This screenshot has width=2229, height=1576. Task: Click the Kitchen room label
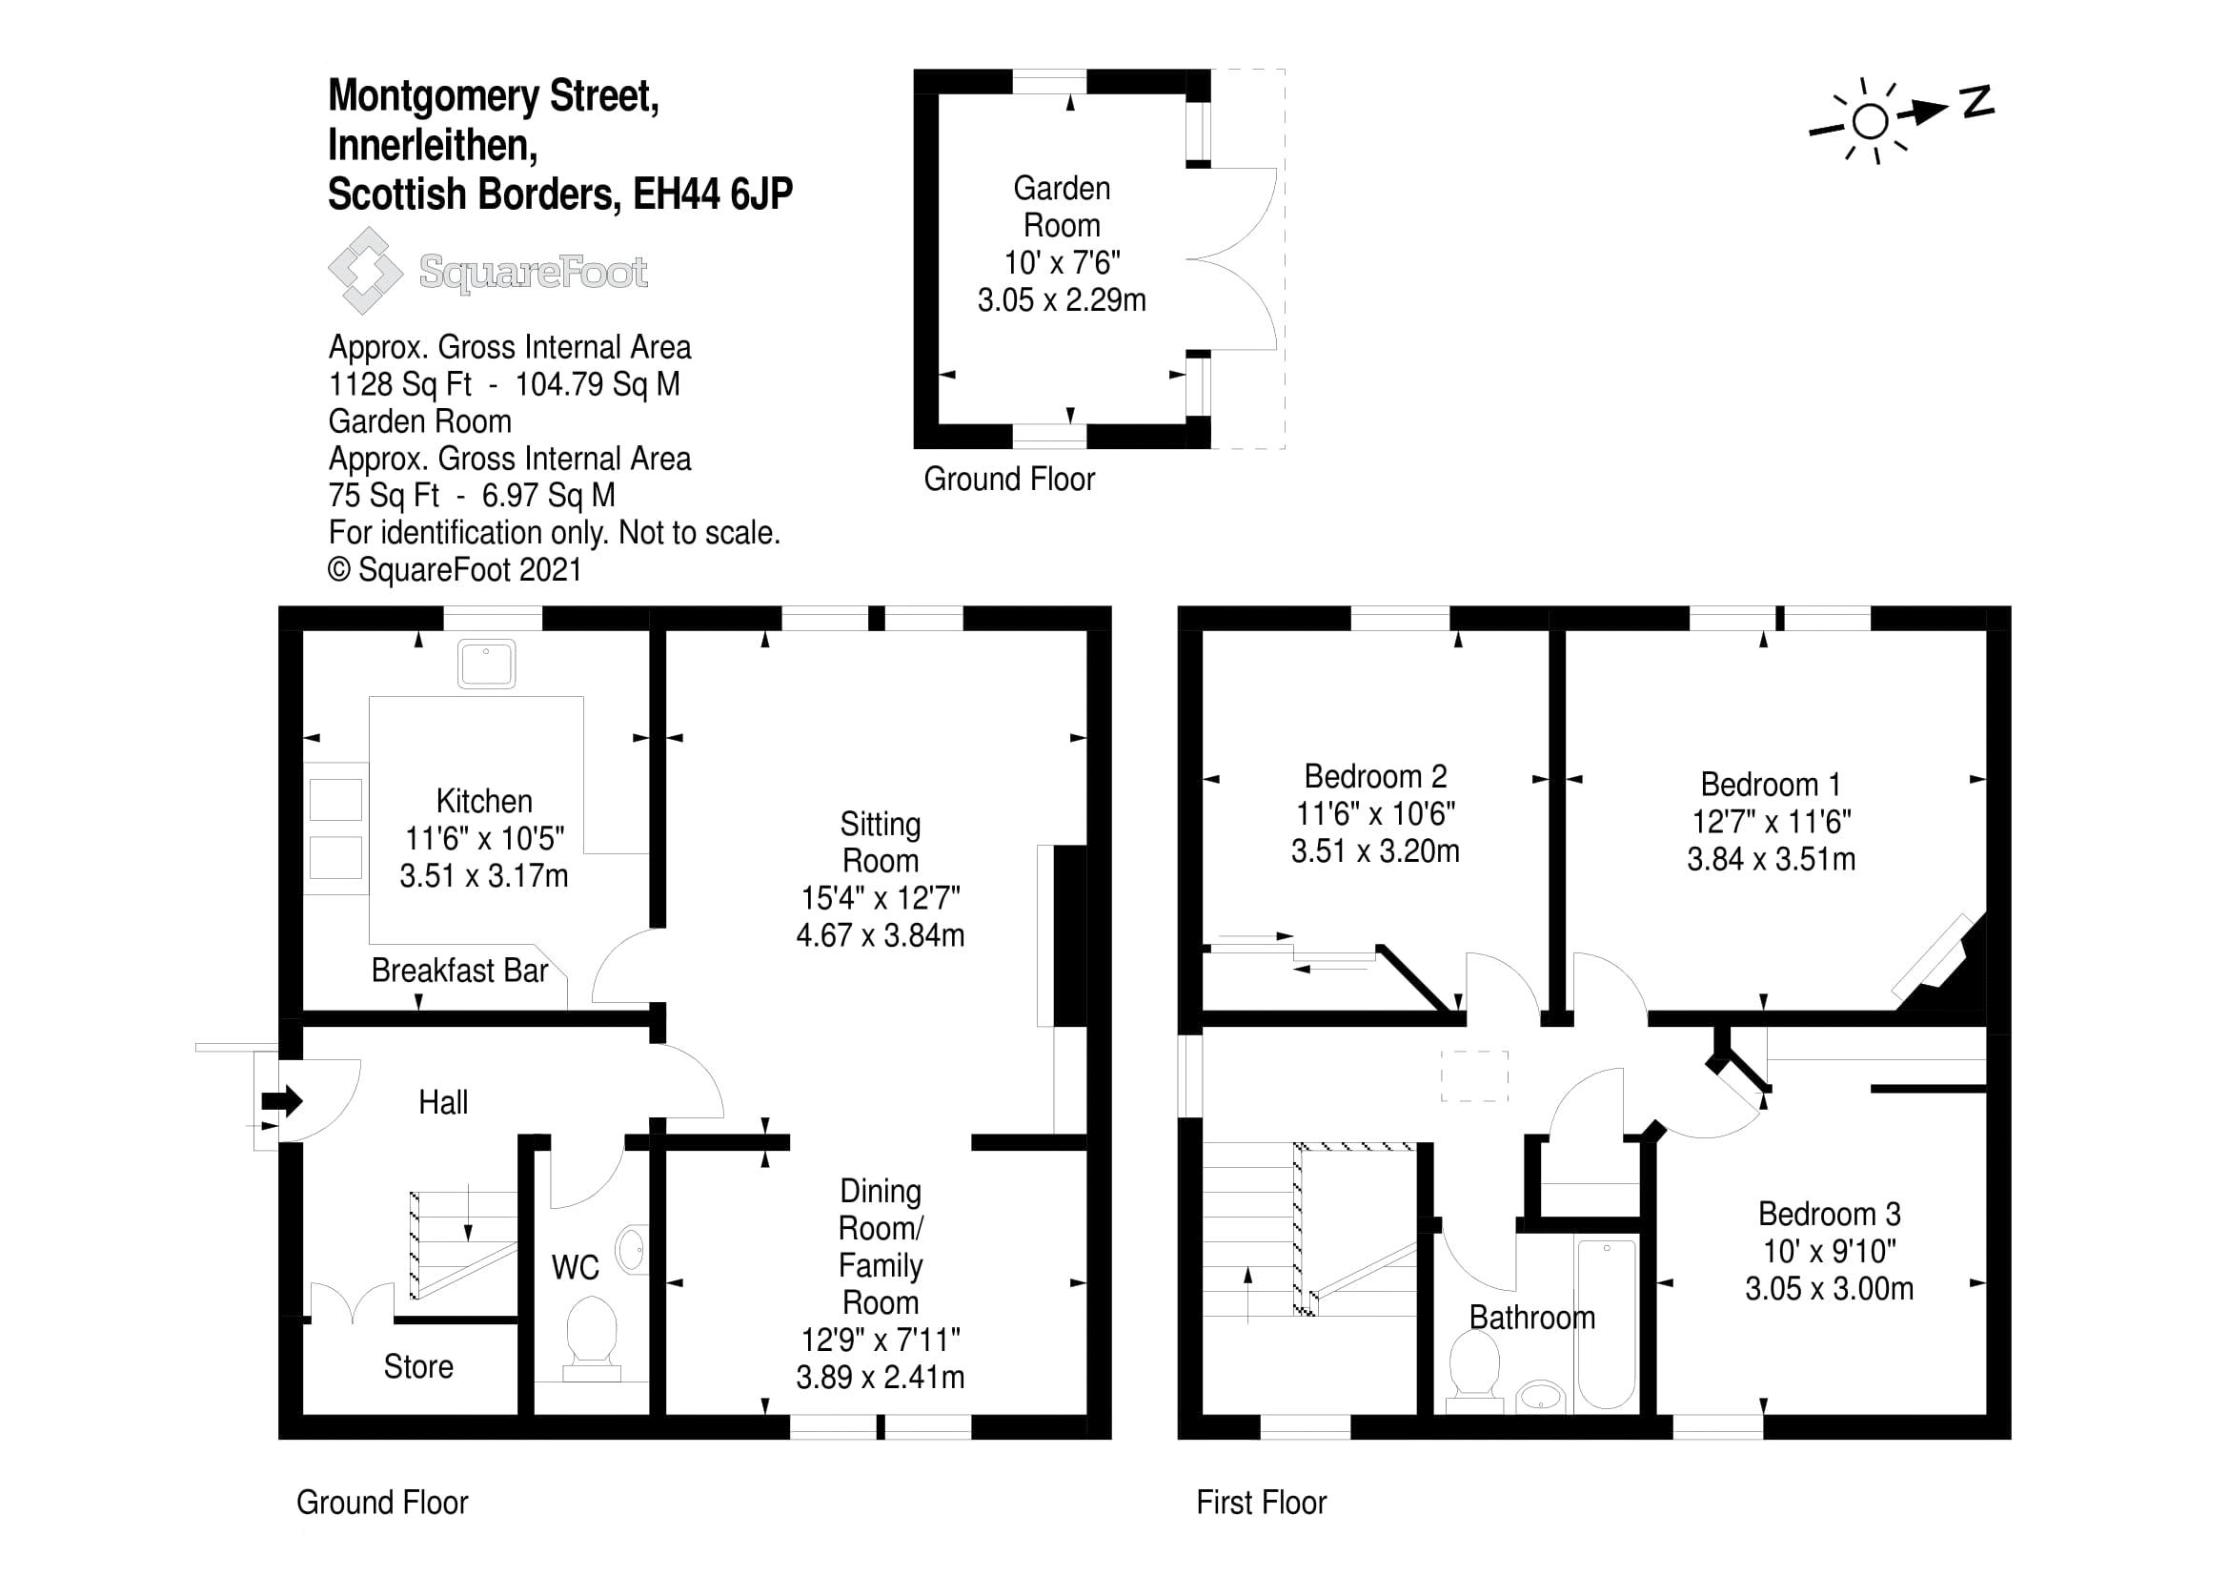tap(483, 801)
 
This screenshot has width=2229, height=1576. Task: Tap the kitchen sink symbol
tap(486, 665)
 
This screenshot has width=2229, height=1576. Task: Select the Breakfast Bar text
tap(459, 970)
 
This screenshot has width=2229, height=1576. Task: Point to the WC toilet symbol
tap(591, 1341)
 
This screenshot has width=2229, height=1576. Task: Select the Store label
tap(417, 1366)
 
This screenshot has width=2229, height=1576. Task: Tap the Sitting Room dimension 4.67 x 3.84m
tap(880, 935)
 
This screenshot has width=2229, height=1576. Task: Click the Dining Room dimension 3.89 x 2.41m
tap(880, 1377)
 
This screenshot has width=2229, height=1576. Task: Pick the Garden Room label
tap(1061, 206)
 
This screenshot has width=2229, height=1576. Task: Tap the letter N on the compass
tap(1976, 102)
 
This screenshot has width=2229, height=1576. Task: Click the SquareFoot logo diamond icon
tap(365, 271)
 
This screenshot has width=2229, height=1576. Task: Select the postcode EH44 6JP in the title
tap(713, 194)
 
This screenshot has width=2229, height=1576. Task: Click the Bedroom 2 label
tap(1375, 776)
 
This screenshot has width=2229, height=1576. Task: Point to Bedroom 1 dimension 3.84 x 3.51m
tap(1771, 859)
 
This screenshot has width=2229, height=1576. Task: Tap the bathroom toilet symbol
tap(1473, 1370)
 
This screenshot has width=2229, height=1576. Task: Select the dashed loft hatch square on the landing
tap(1473, 1075)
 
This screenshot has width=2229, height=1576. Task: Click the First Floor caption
tap(1260, 1503)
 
